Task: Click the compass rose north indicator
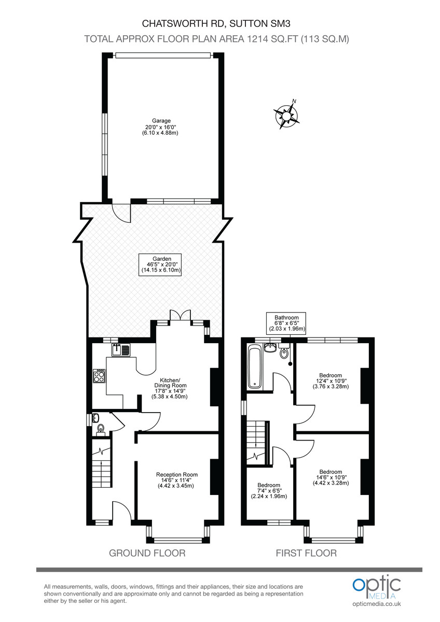click(287, 114)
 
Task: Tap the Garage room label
click(161, 127)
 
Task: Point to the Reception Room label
click(177, 480)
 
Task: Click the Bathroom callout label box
click(286, 323)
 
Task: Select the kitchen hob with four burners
click(99, 376)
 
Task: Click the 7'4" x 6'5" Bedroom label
click(270, 490)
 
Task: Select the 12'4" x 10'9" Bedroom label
click(330, 381)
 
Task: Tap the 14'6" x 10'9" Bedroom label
click(330, 477)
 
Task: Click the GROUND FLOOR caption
click(147, 553)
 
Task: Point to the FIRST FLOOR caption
click(306, 553)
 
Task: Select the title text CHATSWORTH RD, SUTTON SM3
click(220, 23)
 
